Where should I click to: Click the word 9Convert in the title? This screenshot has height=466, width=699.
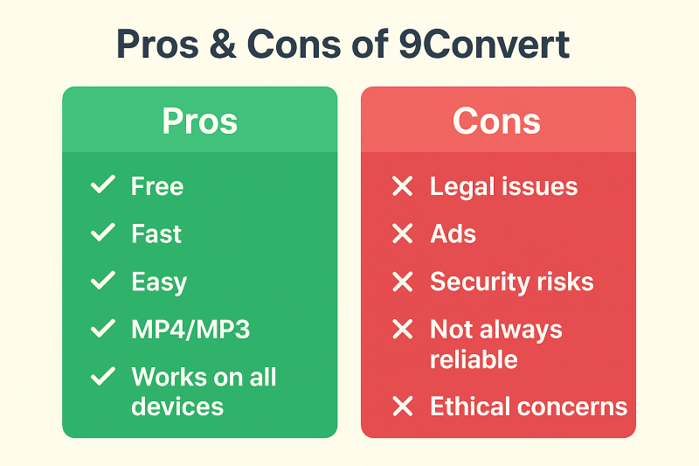pyautogui.click(x=484, y=44)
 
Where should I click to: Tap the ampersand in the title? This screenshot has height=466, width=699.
pyautogui.click(x=223, y=44)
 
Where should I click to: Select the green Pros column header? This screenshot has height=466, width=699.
pyautogui.click(x=200, y=121)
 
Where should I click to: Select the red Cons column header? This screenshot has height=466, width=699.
pyautogui.click(x=498, y=121)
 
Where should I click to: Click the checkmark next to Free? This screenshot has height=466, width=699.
pyautogui.click(x=103, y=185)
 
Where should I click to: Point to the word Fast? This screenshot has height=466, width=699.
pyautogui.click(x=156, y=233)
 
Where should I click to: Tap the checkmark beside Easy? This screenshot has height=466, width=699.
pyautogui.click(x=103, y=281)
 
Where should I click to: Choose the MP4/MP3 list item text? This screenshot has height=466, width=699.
pyautogui.click(x=190, y=330)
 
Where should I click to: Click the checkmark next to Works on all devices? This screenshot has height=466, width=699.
pyautogui.click(x=103, y=376)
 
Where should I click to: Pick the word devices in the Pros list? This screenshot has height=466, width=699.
pyautogui.click(x=177, y=407)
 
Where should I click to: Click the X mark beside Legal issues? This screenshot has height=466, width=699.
pyautogui.click(x=403, y=186)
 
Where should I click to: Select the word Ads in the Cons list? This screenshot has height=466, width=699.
pyautogui.click(x=453, y=233)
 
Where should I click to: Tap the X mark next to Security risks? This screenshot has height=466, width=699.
pyautogui.click(x=403, y=282)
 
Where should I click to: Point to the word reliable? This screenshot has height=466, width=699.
pyautogui.click(x=474, y=359)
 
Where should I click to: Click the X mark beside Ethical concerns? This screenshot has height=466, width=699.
pyautogui.click(x=403, y=407)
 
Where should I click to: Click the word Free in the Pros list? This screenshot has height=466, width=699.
pyautogui.click(x=157, y=186)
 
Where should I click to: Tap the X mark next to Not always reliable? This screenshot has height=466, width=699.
pyautogui.click(x=403, y=329)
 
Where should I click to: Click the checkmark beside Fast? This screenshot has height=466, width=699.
pyautogui.click(x=103, y=233)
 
